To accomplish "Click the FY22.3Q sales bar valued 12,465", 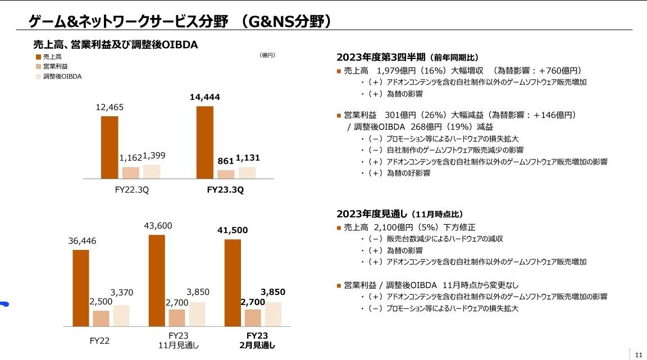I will click(x=110, y=147).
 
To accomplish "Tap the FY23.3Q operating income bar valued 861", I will click(x=226, y=174).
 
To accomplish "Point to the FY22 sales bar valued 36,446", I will click(x=81, y=288).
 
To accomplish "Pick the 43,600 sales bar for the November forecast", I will click(x=157, y=280).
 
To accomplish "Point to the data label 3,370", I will click(x=122, y=292).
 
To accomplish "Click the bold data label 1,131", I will click(x=248, y=158).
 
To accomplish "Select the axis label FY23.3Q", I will click(x=225, y=190).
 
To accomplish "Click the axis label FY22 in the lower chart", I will click(x=99, y=340).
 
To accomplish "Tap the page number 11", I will click(x=639, y=354).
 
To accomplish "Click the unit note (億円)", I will click(x=267, y=55).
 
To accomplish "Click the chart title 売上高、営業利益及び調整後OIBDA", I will click(x=116, y=44).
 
